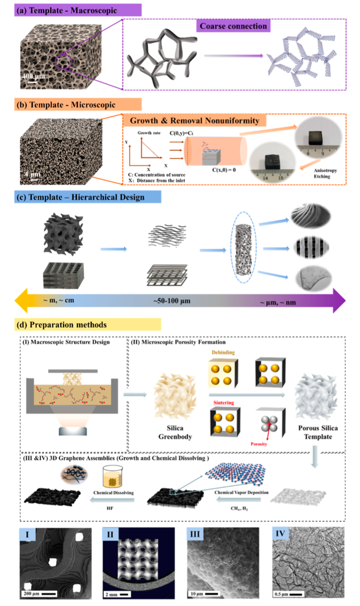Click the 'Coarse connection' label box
[x=233, y=26]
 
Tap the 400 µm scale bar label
[x=33, y=76]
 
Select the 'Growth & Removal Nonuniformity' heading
[x=195, y=121]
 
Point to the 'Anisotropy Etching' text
[x=325, y=173]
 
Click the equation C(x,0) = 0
[x=224, y=170]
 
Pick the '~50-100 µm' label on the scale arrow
[x=172, y=301]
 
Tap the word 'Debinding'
[x=223, y=352]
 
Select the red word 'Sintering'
[x=224, y=402]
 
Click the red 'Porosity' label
[x=259, y=444]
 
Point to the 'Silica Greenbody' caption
[x=175, y=432]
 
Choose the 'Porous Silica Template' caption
[x=318, y=432]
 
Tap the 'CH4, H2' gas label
[x=239, y=508]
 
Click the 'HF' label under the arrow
[x=110, y=508]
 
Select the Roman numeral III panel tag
[x=195, y=534]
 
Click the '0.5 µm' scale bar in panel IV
[x=288, y=594]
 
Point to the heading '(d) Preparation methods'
[x=68, y=325]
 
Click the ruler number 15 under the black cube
[x=281, y=178]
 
